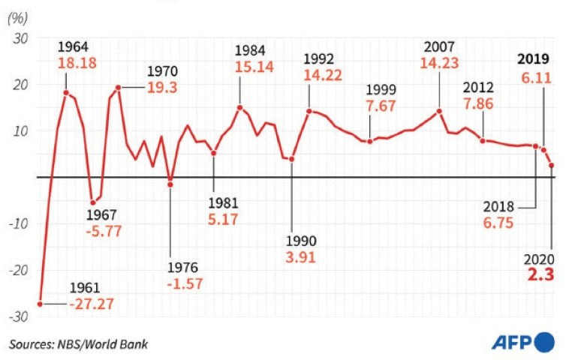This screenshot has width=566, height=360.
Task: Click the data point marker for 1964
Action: (x=66, y=93)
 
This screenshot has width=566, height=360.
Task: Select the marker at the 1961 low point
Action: (x=40, y=304)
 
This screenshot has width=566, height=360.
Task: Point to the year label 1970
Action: (x=162, y=71)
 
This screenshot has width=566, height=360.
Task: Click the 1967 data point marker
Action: (x=93, y=202)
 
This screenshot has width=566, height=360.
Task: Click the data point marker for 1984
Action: (x=239, y=107)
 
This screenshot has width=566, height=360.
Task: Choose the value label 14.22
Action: (x=322, y=75)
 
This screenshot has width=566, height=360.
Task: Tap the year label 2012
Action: (x=477, y=88)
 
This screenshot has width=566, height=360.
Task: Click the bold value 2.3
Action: (x=540, y=275)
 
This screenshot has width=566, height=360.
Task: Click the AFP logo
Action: (x=522, y=343)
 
